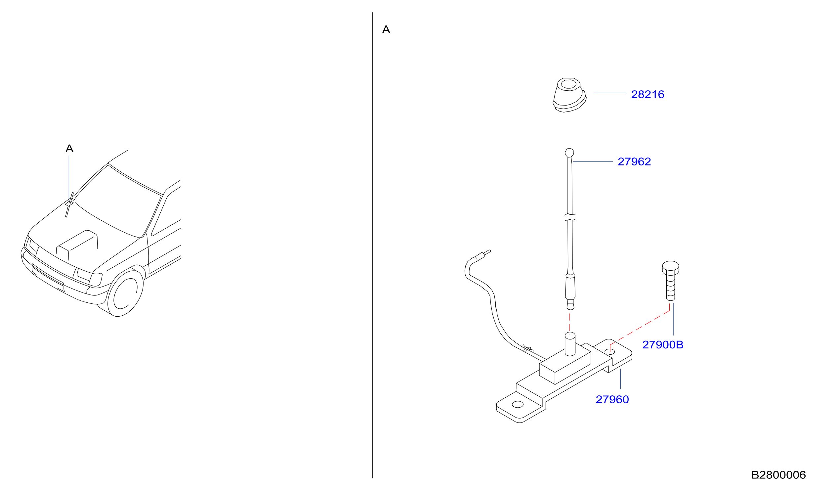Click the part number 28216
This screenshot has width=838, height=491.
click(648, 95)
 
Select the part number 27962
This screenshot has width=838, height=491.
click(634, 162)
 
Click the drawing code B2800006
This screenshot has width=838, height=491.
click(778, 475)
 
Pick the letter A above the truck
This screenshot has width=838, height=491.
click(69, 148)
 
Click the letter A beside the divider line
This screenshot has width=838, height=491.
click(386, 29)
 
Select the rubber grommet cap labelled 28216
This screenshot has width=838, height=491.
click(569, 95)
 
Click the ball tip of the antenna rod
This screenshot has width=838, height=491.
click(569, 153)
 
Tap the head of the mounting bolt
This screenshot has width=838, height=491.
click(670, 267)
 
